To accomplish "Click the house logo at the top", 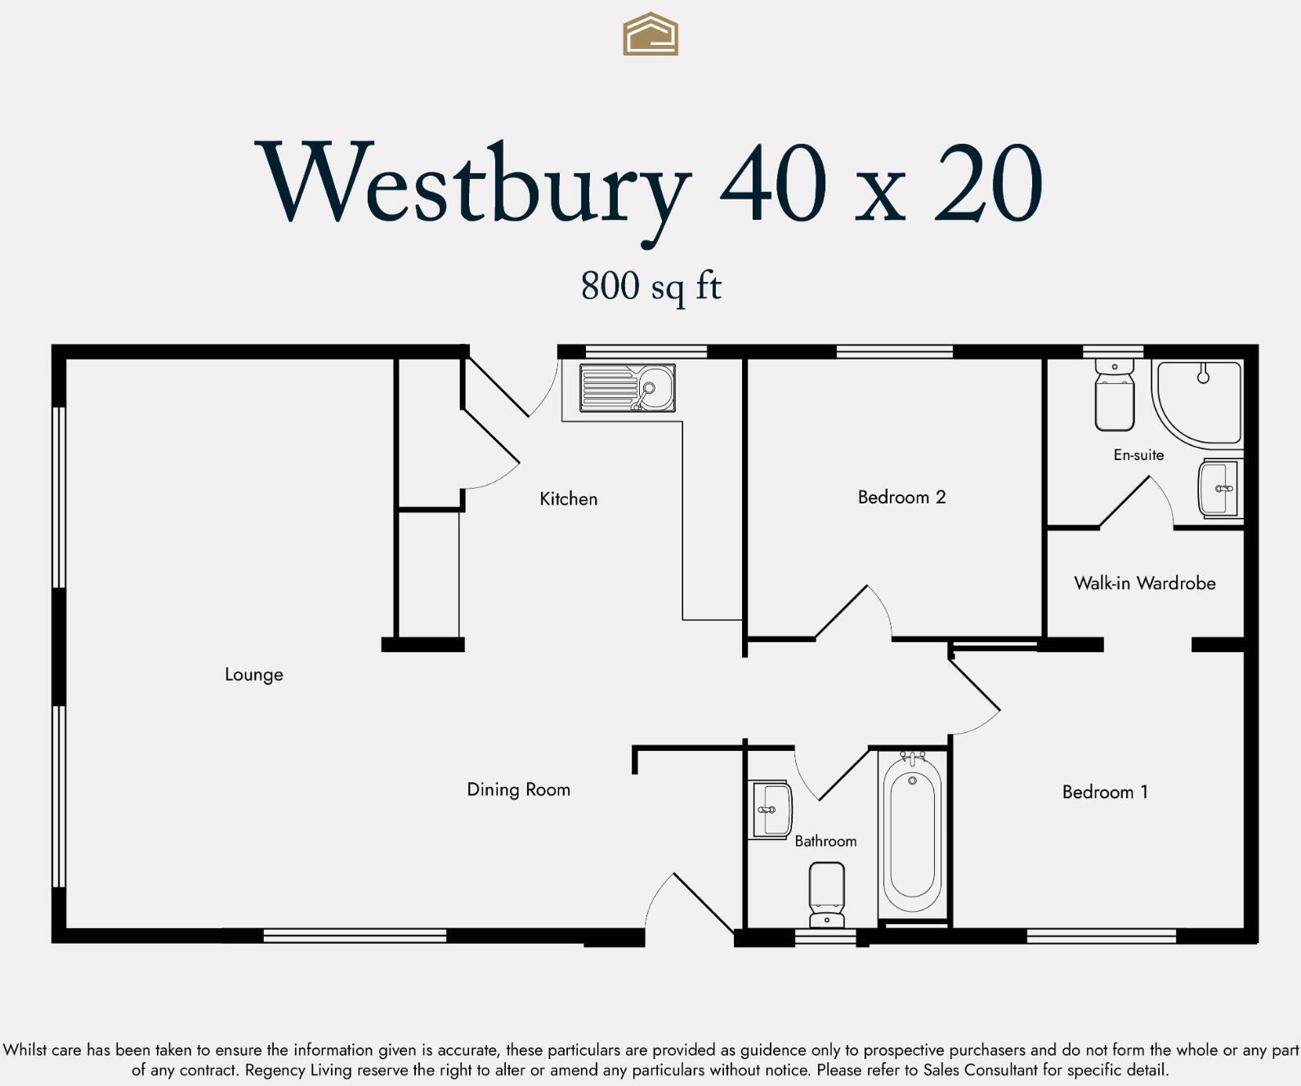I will tap(650, 34).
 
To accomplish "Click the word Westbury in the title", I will tap(474, 185).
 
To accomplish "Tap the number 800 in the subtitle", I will tap(610, 286).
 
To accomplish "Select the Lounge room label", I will tap(254, 674).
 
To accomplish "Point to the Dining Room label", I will tap(518, 789).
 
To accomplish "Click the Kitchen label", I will tap(568, 498).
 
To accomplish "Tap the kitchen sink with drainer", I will tap(627, 387).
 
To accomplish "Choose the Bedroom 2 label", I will tap(901, 497).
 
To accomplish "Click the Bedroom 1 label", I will tap(1105, 792).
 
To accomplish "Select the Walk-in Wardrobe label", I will tap(1144, 583).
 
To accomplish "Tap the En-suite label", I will tap(1138, 455).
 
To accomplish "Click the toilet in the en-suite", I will tap(1114, 396).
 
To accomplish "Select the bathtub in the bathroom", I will tap(912, 834).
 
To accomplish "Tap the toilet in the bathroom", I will tap(826, 895).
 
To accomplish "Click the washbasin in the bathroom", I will tap(771, 810).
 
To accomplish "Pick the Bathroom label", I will tap(825, 841).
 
